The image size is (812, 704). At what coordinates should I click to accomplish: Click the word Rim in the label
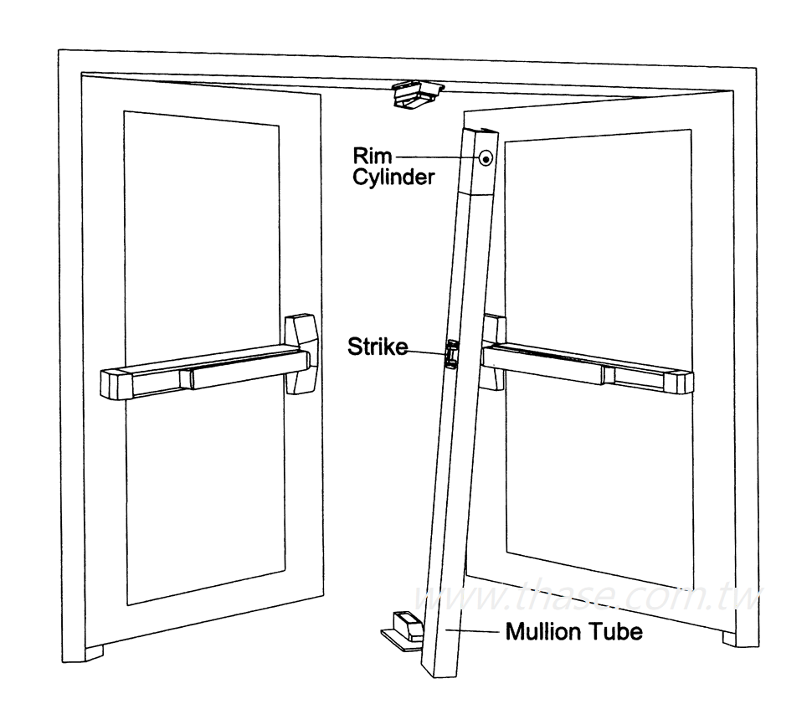click(369, 157)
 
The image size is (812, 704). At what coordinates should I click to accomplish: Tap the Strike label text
click(378, 347)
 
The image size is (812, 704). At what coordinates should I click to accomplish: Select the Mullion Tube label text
click(573, 631)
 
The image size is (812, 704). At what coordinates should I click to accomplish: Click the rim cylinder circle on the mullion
click(485, 157)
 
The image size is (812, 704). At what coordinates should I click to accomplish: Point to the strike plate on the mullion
click(451, 352)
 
